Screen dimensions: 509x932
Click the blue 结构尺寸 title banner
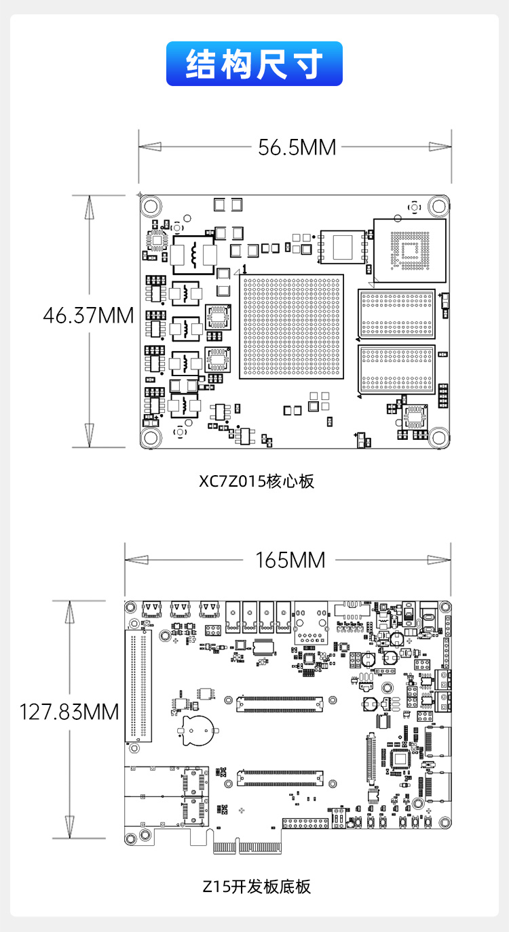(254, 64)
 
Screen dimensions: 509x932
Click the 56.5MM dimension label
(297, 147)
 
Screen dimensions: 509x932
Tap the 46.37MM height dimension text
(88, 315)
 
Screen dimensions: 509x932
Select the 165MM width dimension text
(290, 560)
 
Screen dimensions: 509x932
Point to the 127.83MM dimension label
(69, 712)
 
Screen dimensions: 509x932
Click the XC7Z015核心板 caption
(256, 481)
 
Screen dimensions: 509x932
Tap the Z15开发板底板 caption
(257, 887)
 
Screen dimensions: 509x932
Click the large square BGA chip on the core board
(292, 327)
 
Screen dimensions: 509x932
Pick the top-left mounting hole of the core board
(151, 206)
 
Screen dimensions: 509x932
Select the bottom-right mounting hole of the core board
(438, 437)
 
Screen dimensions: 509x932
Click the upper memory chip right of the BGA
(396, 314)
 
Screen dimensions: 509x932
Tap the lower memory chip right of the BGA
(396, 369)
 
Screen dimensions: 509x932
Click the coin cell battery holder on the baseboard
(198, 731)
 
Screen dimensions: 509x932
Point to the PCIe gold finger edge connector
(247, 847)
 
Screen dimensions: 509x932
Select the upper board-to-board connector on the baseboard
(280, 704)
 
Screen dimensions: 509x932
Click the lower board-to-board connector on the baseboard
(280, 778)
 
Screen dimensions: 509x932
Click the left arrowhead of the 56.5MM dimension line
(150, 147)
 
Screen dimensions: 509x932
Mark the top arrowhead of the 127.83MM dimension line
(69, 611)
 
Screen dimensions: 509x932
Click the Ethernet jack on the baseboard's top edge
(311, 622)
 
